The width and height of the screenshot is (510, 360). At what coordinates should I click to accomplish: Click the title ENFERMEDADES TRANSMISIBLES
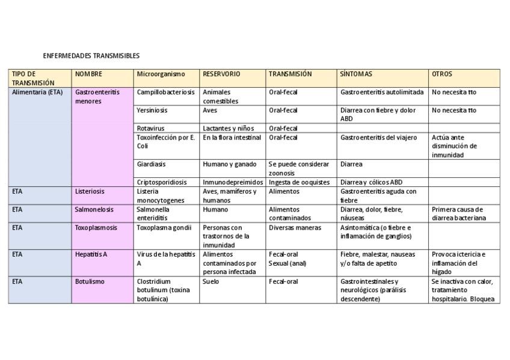tap(91, 56)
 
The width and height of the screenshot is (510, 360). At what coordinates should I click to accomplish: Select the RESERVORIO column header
tap(221, 75)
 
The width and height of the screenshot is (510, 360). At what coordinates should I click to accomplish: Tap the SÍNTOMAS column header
tap(356, 75)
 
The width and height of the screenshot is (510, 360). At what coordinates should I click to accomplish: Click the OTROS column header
tap(442, 75)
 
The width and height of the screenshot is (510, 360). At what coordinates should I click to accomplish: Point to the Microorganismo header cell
tap(161, 75)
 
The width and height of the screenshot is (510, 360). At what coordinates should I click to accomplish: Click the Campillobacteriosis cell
tap(166, 93)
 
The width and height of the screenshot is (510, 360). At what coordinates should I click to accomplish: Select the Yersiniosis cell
tap(152, 111)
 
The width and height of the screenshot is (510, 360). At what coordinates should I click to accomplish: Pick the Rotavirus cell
tap(151, 129)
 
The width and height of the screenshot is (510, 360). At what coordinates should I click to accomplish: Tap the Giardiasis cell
tap(152, 165)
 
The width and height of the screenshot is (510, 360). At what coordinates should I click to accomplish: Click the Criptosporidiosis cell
tap(162, 183)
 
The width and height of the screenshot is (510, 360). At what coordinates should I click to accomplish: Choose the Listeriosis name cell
tap(90, 192)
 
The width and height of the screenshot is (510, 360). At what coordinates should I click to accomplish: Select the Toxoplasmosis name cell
tap(96, 228)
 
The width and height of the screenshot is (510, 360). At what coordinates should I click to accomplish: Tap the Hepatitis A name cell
tap(91, 255)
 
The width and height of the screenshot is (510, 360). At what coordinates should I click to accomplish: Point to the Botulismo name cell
tap(90, 282)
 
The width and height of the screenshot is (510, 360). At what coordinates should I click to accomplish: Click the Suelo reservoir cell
tap(211, 282)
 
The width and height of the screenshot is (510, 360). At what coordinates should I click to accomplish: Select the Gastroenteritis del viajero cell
tap(378, 138)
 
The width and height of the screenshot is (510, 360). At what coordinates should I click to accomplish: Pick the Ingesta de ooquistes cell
tap(299, 183)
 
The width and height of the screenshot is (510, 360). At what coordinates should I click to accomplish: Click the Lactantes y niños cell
tap(229, 129)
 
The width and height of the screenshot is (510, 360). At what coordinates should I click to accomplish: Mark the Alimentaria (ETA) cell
tap(37, 93)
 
